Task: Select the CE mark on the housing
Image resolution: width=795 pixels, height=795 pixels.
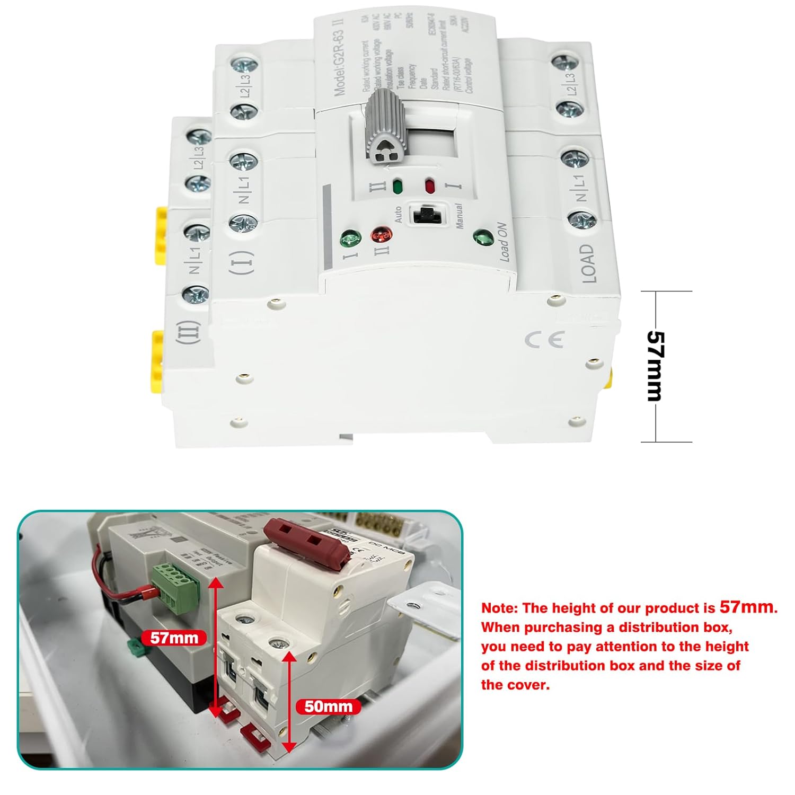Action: tap(544, 340)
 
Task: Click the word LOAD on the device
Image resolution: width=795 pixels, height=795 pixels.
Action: tap(587, 263)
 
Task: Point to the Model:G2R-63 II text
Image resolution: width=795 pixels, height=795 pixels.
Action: tap(340, 63)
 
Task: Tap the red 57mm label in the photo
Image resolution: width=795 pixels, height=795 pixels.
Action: tap(174, 638)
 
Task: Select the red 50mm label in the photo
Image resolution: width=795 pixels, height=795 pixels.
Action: tap(328, 706)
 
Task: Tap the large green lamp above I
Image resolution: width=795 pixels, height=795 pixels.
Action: tap(350, 240)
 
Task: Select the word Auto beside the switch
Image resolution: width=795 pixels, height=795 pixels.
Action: tap(398, 214)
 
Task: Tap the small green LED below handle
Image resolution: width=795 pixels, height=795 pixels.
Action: tap(396, 187)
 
